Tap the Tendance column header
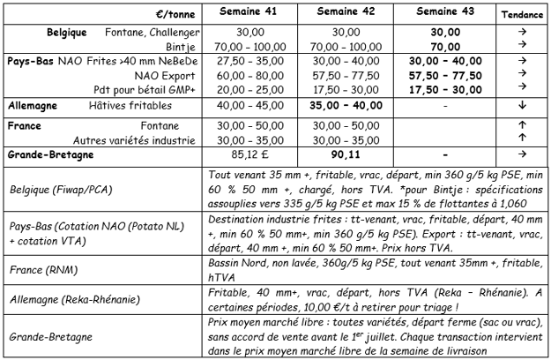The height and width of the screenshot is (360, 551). pyautogui.click(x=522, y=15)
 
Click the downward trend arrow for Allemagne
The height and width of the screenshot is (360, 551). pyautogui.click(x=522, y=106)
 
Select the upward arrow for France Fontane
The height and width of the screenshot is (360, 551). pyautogui.click(x=522, y=125)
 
